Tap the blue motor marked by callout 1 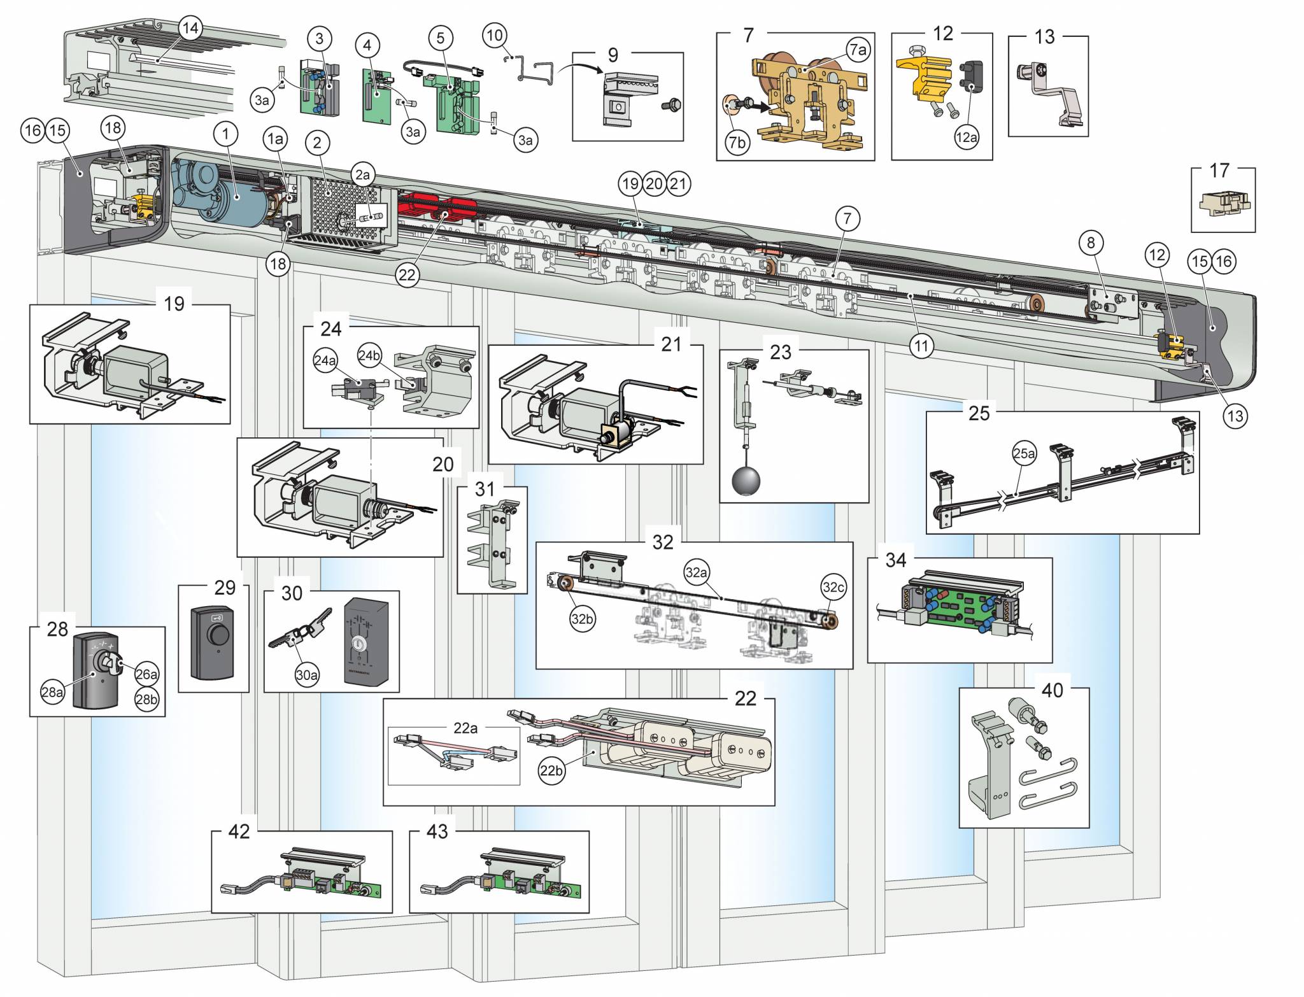pyautogui.click(x=229, y=194)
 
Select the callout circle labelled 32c pyautogui.click(x=833, y=588)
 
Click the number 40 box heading pyautogui.click(x=1052, y=690)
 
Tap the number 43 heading pyautogui.click(x=437, y=831)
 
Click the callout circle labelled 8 pyautogui.click(x=1091, y=243)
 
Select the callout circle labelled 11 pyautogui.click(x=921, y=346)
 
